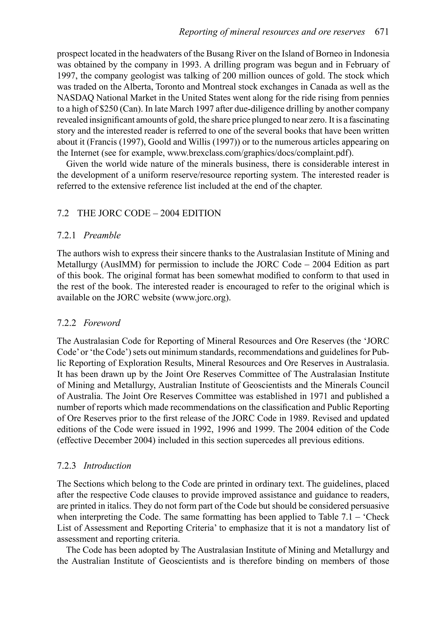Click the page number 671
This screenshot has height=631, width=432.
pos(382,32)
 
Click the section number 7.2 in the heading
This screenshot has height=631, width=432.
pos(63,213)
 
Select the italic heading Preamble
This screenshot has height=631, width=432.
pos(102,235)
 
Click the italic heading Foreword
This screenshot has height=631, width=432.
pos(102,323)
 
